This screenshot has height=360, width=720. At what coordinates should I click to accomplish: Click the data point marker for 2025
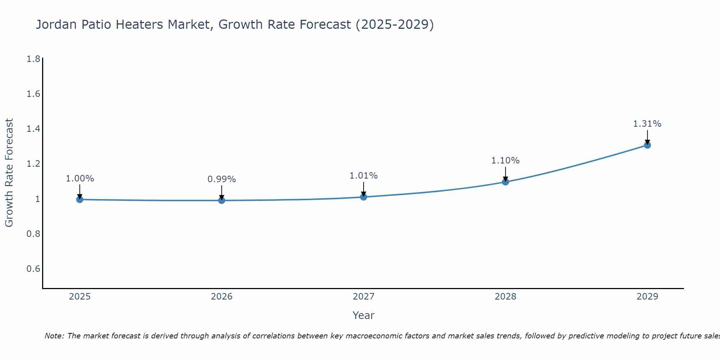click(80, 199)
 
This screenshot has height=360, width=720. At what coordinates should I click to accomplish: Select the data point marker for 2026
click(222, 200)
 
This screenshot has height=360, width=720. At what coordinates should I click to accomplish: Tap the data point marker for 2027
click(364, 197)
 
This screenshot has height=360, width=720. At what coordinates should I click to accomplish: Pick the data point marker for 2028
click(505, 182)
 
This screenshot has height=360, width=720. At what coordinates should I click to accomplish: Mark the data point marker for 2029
click(647, 145)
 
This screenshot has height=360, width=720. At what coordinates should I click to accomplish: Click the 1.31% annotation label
click(647, 124)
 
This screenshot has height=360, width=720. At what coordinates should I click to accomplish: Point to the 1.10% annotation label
click(505, 161)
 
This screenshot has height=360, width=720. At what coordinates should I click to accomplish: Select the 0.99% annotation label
click(222, 179)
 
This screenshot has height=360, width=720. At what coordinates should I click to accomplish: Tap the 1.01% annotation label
click(364, 176)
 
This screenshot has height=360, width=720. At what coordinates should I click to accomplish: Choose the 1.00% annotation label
click(80, 179)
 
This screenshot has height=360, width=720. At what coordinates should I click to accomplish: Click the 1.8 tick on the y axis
click(33, 59)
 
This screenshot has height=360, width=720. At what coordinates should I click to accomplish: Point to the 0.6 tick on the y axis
click(33, 269)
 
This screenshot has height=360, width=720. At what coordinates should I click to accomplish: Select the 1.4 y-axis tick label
click(33, 129)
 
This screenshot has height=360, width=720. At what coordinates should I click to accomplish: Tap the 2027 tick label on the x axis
click(364, 297)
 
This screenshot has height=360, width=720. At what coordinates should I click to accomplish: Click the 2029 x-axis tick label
click(647, 297)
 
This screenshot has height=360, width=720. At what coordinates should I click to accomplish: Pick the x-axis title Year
click(364, 315)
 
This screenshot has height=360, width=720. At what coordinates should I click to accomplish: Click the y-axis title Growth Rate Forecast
click(9, 173)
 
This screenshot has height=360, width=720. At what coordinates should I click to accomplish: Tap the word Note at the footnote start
click(54, 336)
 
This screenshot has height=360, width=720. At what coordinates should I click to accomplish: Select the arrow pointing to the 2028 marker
click(505, 174)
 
